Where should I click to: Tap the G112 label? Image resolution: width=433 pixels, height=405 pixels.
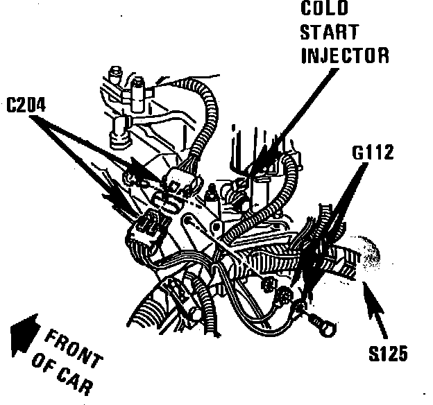tap(373, 152)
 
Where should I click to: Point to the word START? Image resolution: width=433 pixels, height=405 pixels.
tap(330, 33)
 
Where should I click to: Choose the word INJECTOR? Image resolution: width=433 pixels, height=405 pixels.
tap(345, 55)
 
